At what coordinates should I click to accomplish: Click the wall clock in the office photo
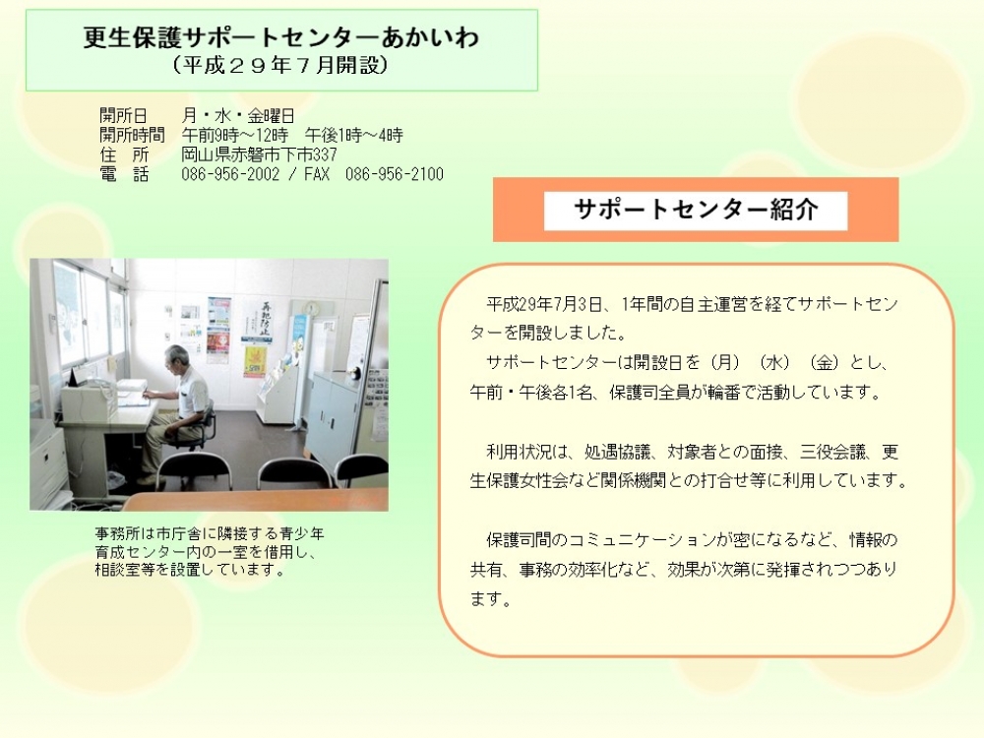312,308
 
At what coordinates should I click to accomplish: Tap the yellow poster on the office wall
255,362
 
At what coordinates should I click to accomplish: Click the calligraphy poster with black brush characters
259,321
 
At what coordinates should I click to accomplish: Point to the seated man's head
176,358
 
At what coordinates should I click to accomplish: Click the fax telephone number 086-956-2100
395,174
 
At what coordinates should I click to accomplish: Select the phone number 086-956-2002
230,174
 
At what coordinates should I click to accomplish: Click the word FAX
316,174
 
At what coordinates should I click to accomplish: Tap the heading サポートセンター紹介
696,210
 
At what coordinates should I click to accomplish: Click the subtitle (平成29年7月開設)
280,65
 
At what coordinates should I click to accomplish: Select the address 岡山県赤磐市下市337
259,154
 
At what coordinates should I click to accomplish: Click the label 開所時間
132,135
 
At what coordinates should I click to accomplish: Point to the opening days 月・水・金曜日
238,115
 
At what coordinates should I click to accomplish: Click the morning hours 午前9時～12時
235,135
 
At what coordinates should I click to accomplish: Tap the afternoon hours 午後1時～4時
354,135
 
